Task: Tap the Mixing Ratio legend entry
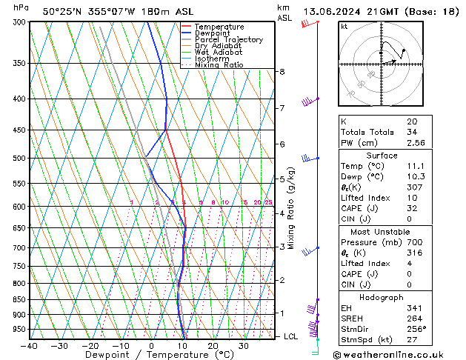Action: pyautogui.click(x=219, y=65)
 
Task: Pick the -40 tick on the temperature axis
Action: pyautogui.click(x=30, y=346)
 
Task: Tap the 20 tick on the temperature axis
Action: pyautogui.click(x=213, y=346)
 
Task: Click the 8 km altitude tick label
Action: pyautogui.click(x=282, y=72)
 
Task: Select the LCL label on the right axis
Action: pyautogui.click(x=292, y=336)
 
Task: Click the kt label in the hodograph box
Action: pyautogui.click(x=344, y=27)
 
